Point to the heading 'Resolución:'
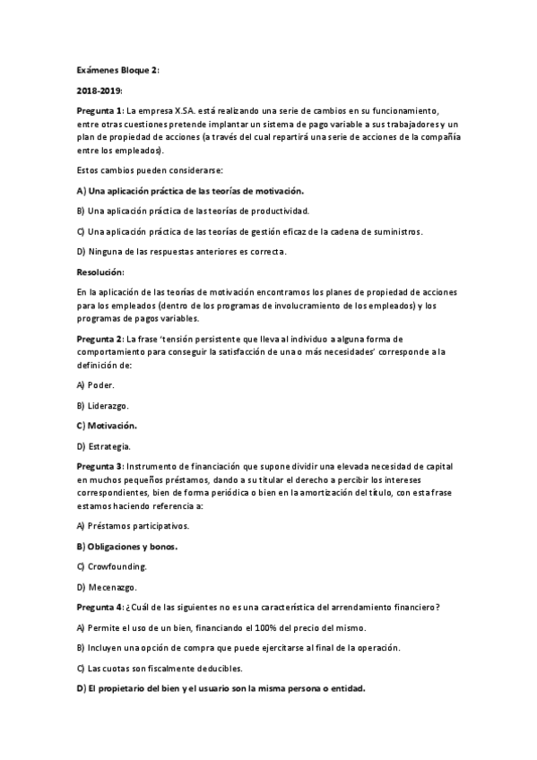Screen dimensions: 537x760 [101, 272]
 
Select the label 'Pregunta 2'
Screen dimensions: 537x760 [100, 339]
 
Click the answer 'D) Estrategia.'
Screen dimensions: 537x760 [104, 445]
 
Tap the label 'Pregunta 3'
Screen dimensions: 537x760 [100, 466]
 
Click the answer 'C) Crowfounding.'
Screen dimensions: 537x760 [112, 566]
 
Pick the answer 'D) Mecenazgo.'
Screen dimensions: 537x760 [107, 587]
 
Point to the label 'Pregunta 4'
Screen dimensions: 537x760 [100, 607]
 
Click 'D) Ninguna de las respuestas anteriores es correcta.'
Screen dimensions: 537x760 [181, 251]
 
